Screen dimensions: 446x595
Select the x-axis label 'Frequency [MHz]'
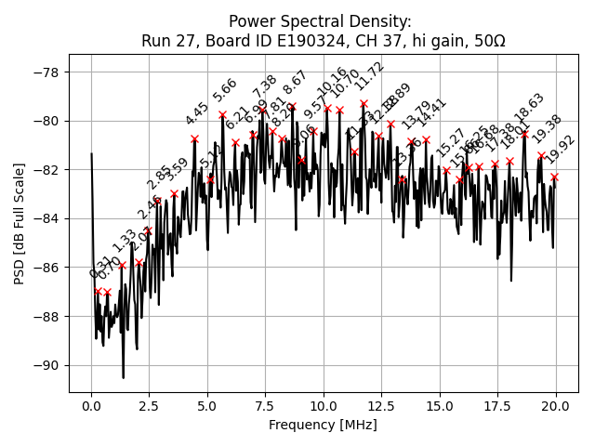pos(323,425)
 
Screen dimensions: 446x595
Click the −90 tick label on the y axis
pos(48,365)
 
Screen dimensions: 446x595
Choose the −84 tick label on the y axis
pos(48,218)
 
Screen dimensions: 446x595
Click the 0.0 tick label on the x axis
pos(91,406)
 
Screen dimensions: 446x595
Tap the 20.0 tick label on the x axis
pos(556,406)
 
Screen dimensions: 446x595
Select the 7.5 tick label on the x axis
pos(266,406)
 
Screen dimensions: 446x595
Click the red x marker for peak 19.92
pos(554,177)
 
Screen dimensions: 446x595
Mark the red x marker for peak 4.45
pos(194,138)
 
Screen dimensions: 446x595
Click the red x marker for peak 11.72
pos(364,103)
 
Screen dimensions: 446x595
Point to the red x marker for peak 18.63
pos(524,134)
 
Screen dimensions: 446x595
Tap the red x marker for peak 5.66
pos(222,114)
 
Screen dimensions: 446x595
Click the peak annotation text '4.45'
pos(197,113)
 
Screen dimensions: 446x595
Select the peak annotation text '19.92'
pos(561,150)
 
